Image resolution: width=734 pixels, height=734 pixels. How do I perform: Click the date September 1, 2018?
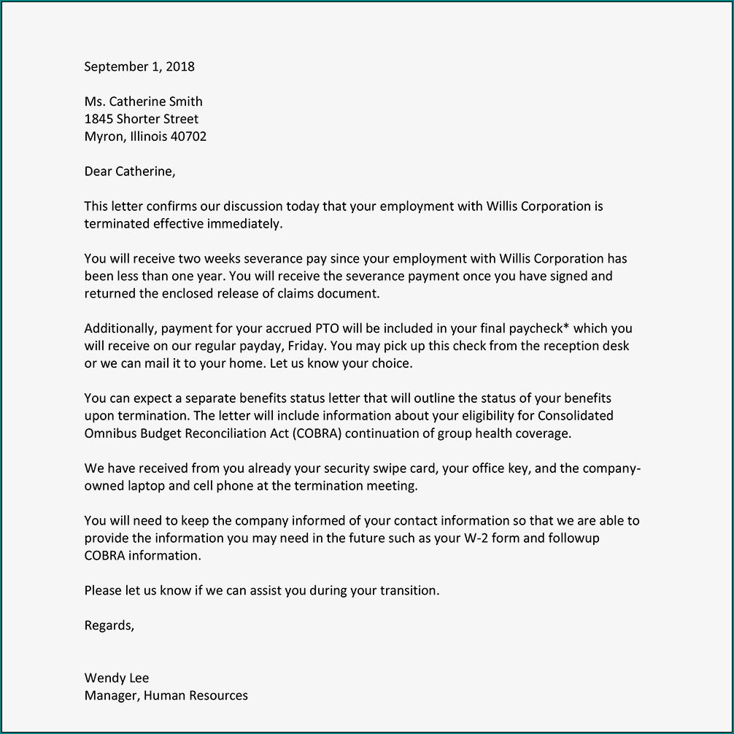pyautogui.click(x=139, y=66)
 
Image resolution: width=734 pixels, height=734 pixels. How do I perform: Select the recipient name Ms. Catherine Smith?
pyautogui.click(x=143, y=101)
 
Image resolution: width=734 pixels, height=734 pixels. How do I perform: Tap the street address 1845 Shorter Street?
pyautogui.click(x=142, y=119)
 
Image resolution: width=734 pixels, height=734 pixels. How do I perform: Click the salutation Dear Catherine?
pyautogui.click(x=130, y=171)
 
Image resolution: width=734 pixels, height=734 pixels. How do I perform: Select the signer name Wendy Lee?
pyautogui.click(x=117, y=678)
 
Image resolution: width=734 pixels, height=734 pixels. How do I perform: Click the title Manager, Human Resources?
pyautogui.click(x=166, y=695)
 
